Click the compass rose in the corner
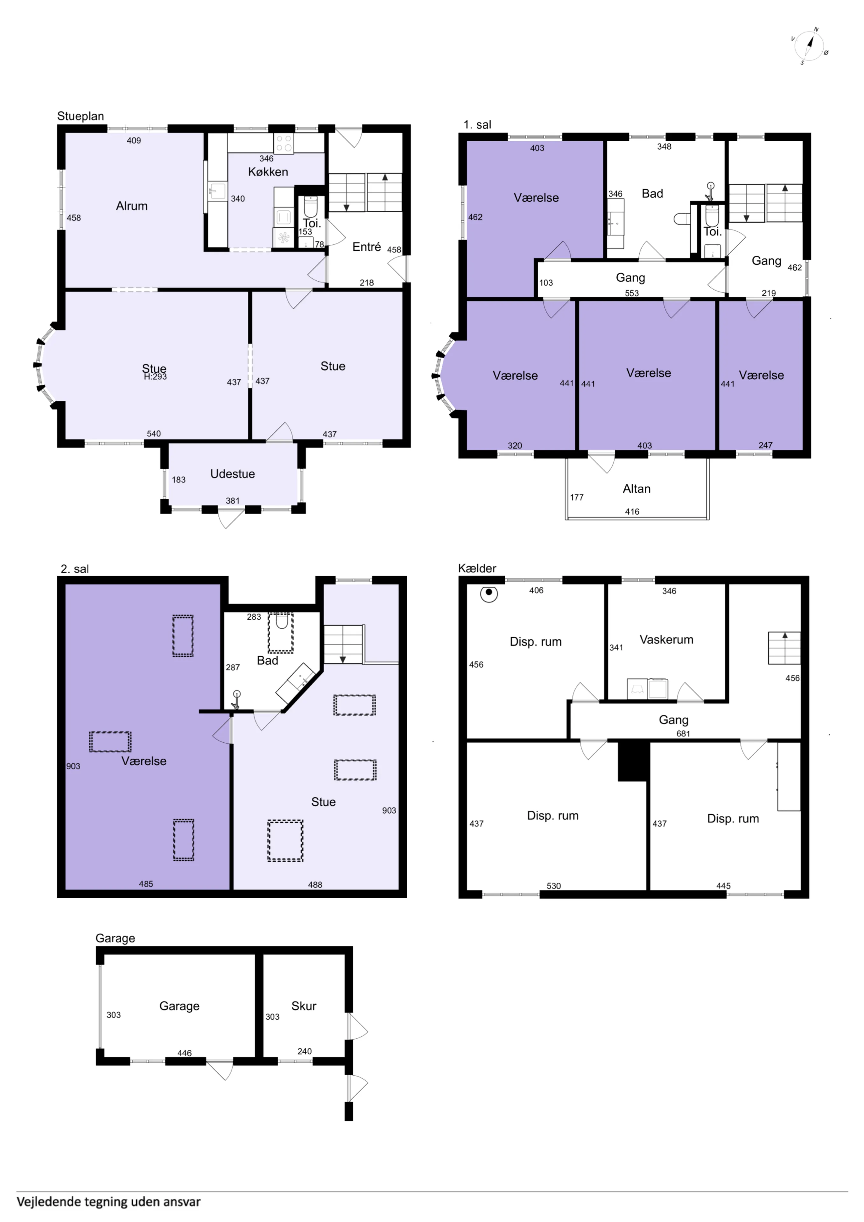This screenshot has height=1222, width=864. click(809, 46)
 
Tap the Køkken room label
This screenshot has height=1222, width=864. click(268, 172)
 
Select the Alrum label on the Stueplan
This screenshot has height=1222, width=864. click(131, 206)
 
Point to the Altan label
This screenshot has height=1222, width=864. click(637, 488)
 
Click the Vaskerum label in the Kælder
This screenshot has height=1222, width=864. click(666, 640)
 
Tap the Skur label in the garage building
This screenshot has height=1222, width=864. click(304, 1006)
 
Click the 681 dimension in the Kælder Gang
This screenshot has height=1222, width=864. click(683, 734)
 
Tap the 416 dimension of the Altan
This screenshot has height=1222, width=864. click(632, 511)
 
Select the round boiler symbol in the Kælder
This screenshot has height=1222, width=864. click(489, 593)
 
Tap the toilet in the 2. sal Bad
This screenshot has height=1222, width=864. click(281, 622)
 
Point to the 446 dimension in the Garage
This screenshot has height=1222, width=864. click(184, 1053)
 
